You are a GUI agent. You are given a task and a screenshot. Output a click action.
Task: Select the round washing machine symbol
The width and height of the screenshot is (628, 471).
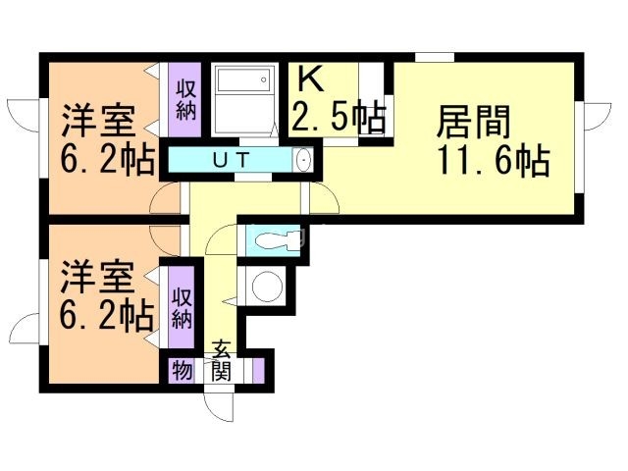264,287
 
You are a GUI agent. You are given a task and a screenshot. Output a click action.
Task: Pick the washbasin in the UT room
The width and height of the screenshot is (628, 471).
302,159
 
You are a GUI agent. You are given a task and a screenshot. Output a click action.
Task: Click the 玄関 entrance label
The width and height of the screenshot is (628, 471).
222,360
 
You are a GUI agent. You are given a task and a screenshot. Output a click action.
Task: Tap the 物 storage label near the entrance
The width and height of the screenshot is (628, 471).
182,371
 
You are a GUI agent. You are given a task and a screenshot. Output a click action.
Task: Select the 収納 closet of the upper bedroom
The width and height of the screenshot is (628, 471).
185,97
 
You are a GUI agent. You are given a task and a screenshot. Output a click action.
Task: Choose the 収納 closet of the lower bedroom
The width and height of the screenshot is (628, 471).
182,307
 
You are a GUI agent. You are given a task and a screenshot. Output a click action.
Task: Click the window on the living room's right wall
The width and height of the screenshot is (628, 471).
593,115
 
